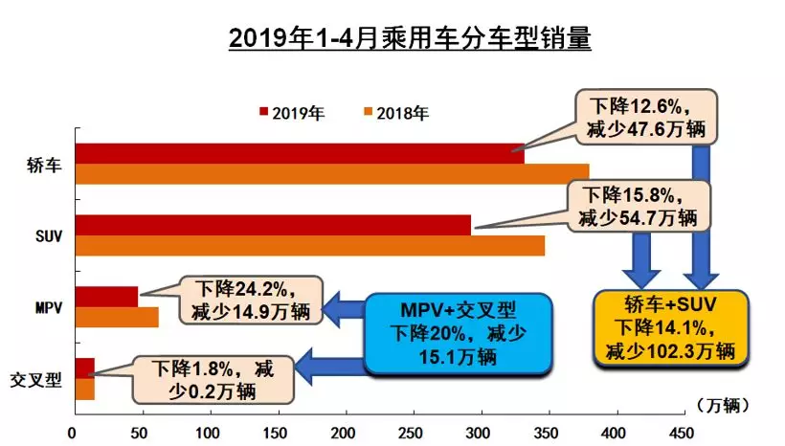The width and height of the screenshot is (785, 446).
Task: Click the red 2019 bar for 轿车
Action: click(287, 153)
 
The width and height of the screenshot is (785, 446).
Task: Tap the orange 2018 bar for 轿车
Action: click(325, 172)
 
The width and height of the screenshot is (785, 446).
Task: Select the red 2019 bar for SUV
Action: click(268, 225)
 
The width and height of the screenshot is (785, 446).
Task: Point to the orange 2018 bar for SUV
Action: click(306, 244)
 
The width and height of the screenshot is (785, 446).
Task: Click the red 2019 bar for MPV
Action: click(105, 296)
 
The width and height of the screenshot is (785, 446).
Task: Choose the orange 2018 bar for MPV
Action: click(115, 317)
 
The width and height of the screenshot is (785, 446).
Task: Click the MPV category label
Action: click(45, 308)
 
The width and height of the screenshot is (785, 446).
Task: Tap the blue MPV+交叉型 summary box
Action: click(459, 332)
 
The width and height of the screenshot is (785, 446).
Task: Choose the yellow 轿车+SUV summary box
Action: click(668, 326)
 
